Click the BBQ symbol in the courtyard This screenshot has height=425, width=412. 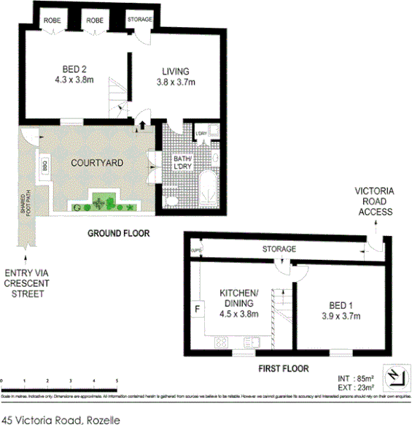pos(45,164)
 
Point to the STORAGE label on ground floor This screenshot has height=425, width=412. pos(139,20)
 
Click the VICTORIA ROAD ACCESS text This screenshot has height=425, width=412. pos(375,202)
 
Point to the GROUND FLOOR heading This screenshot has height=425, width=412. pos(118,234)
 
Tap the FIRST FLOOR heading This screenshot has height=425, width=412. pos(284,369)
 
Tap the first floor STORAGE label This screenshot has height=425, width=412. pos(279,249)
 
